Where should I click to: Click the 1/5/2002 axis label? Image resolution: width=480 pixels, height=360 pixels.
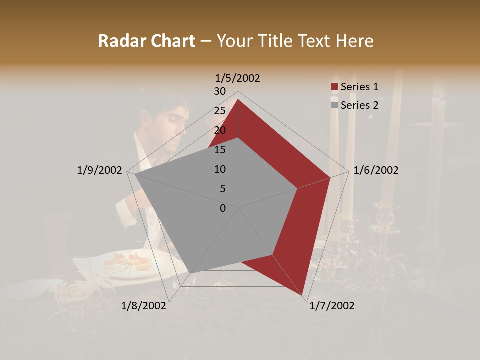[237, 78]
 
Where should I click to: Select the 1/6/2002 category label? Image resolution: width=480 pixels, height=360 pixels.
[376, 170]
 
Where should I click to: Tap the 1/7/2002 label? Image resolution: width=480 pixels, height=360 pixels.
[332, 306]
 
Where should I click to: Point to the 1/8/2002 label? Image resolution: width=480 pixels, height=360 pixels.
[144, 306]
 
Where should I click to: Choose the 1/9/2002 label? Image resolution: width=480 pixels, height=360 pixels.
[99, 170]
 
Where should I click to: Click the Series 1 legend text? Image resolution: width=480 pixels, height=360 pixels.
[359, 87]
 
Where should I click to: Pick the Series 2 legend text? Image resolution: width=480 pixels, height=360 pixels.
[359, 105]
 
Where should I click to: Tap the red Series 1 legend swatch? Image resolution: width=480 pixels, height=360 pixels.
[335, 87]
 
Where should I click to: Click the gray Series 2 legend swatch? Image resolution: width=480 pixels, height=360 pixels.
[335, 105]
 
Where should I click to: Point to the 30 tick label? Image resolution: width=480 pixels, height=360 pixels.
[220, 91]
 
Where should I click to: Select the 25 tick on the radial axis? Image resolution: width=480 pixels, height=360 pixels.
[220, 111]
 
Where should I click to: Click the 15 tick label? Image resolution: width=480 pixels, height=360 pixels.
[220, 150]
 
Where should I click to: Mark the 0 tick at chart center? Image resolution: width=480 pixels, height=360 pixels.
[223, 208]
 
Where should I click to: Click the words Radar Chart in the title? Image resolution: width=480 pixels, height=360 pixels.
[146, 41]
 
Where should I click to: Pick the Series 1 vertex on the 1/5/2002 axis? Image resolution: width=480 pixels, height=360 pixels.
[238, 100]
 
